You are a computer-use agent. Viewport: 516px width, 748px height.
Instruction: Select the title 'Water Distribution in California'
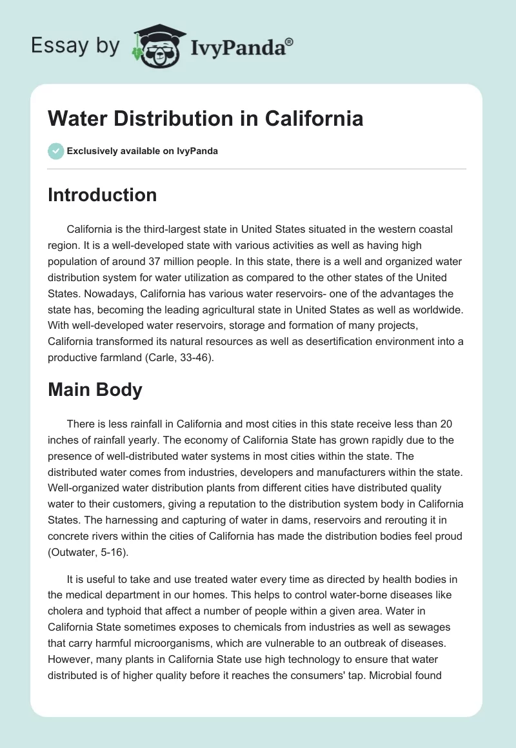206,119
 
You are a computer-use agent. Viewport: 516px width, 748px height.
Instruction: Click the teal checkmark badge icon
55,151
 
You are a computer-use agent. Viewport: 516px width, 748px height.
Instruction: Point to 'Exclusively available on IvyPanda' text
143,152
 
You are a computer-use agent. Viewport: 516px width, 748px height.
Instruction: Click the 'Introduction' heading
102,195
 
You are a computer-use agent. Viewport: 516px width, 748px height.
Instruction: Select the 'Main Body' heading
95,390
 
